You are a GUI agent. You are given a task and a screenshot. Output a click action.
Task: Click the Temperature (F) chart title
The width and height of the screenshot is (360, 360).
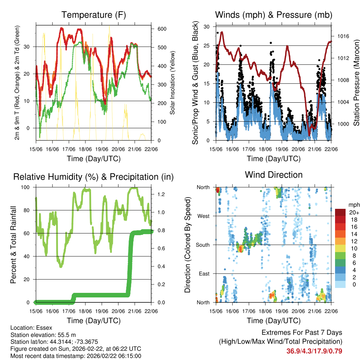pos(94,15)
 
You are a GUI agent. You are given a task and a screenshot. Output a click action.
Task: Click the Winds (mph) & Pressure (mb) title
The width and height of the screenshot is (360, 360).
pos(274,15)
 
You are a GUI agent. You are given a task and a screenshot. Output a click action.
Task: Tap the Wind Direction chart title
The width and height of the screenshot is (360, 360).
pos(274,175)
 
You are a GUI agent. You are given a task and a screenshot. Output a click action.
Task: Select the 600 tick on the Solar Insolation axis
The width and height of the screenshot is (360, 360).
pos(162,29)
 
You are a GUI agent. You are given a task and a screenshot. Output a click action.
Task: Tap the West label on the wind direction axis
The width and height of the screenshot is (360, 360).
pos(203,216)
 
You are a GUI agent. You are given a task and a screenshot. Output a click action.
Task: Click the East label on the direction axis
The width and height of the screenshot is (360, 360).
pos(204,274)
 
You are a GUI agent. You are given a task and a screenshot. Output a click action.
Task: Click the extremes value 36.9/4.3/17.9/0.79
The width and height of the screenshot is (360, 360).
pos(314,351)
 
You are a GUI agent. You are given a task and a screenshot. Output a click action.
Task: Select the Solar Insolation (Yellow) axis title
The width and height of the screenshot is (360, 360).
pos(172,84)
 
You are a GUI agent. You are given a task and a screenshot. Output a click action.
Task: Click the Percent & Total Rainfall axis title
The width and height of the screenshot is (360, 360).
pos(13,245)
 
